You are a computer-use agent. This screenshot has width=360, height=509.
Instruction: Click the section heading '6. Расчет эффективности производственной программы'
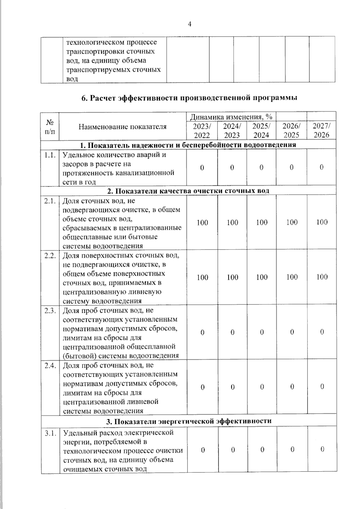[x=189, y=98]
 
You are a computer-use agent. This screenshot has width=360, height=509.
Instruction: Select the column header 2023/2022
[x=202, y=130]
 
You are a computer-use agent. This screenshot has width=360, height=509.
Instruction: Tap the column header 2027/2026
[x=321, y=130]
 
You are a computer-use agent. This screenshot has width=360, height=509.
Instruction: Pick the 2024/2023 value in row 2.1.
[x=232, y=223]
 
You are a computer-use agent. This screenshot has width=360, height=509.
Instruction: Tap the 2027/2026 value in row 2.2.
[x=322, y=277]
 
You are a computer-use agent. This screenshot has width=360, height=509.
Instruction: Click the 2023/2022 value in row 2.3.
[x=202, y=332]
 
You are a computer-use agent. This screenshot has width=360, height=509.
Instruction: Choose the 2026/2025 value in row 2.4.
[x=292, y=387]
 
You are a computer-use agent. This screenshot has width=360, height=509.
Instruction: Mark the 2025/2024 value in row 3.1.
[x=262, y=450]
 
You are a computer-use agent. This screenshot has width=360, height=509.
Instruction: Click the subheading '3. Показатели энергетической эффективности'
[x=189, y=421]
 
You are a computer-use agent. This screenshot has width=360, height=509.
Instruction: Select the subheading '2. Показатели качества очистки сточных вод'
[x=188, y=191]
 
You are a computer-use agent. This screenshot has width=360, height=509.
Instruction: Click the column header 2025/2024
[x=261, y=130]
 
